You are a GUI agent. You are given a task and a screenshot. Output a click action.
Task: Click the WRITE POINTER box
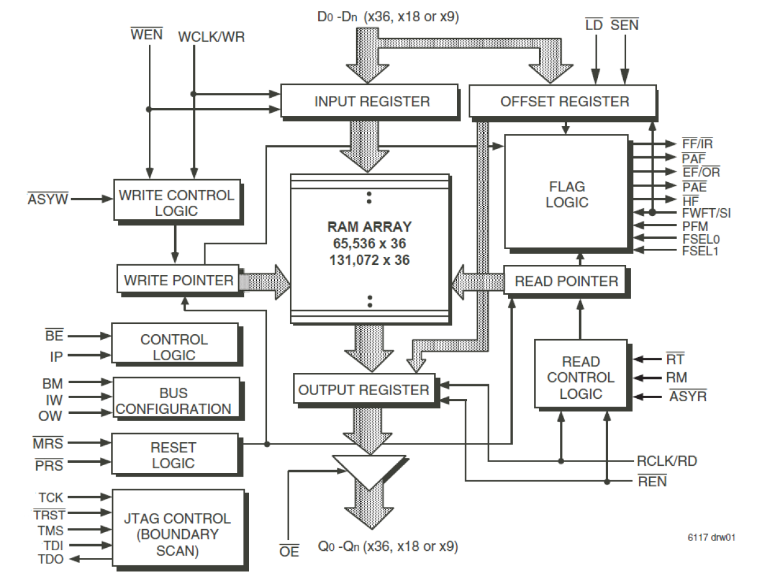178,281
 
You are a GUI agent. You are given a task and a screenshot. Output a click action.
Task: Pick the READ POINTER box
565,281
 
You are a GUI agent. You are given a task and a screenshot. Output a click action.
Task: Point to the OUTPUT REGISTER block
363,390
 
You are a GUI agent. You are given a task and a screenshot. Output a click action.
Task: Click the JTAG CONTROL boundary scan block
178,535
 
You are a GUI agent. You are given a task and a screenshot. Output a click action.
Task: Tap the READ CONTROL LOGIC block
580,378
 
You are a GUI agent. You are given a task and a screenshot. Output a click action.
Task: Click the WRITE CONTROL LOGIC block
177,203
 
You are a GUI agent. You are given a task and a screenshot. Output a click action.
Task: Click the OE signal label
289,551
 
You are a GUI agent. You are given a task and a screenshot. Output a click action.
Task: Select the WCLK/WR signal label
212,37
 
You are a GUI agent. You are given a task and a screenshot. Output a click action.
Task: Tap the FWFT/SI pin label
706,213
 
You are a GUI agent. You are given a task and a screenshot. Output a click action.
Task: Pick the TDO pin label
50,559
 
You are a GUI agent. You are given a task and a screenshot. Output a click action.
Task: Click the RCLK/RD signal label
667,462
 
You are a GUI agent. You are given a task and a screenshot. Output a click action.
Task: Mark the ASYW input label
48,199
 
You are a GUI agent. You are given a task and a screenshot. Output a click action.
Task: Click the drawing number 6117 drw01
711,538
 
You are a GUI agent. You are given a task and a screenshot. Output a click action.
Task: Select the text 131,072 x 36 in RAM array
369,260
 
